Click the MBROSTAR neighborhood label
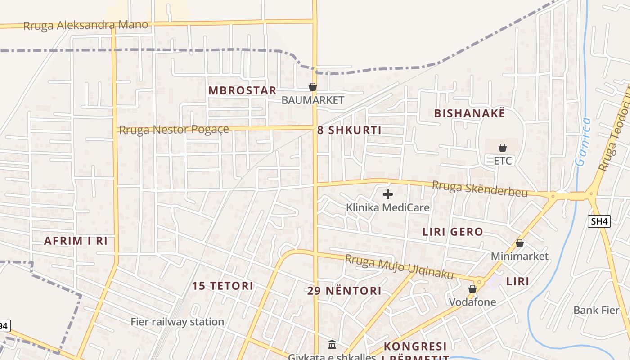[x=242, y=90]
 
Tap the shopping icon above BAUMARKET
[x=312, y=87]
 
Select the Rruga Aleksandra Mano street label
[x=85, y=25]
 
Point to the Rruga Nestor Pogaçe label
[x=174, y=130]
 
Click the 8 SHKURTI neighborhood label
[x=349, y=130]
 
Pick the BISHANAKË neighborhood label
[x=469, y=113]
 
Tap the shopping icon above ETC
[x=503, y=148]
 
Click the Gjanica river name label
[x=584, y=142]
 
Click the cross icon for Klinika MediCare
[x=387, y=194]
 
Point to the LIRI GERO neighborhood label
[x=453, y=232]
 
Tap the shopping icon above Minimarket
[x=520, y=243]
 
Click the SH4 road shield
[x=599, y=221]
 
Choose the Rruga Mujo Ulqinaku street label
[x=399, y=267]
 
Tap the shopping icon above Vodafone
[x=472, y=289]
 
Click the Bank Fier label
[x=596, y=310]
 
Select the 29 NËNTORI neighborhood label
[x=344, y=291]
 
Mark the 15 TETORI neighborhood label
[x=223, y=286]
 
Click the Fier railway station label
[x=177, y=322]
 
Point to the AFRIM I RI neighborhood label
[x=76, y=241]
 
